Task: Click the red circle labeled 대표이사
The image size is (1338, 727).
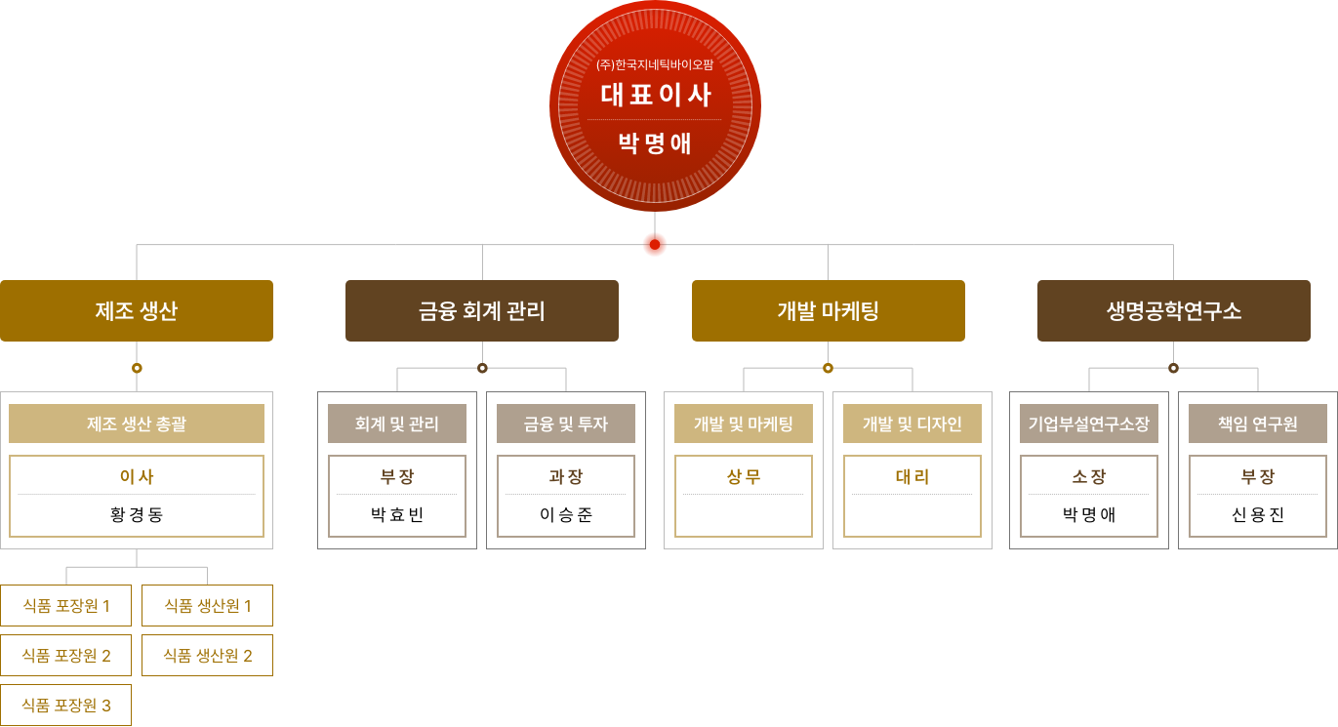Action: tap(655, 105)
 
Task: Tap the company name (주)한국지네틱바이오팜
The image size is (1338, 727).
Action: tap(655, 65)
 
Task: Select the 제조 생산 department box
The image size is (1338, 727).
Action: tap(137, 311)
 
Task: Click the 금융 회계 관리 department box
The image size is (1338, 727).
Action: tap(482, 311)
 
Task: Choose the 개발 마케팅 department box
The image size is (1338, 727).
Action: tap(828, 311)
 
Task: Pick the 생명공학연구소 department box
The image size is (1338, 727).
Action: tap(1173, 311)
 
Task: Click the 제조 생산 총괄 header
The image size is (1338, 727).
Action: tap(137, 424)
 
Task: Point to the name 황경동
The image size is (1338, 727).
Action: tap(137, 514)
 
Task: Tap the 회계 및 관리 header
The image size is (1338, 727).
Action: tap(397, 424)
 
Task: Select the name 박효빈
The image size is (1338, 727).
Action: tap(397, 514)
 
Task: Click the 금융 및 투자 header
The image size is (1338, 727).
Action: tap(566, 424)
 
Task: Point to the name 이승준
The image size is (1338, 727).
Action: tap(566, 514)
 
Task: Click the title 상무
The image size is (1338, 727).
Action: tap(744, 477)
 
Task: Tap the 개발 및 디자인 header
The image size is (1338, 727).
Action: tap(912, 424)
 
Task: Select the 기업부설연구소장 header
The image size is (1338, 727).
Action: tap(1089, 424)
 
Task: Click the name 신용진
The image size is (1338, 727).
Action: tap(1258, 514)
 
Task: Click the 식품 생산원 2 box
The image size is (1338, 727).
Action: tap(207, 656)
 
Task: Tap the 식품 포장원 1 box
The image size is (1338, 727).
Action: tap(66, 606)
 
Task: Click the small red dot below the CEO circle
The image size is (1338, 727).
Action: tap(655, 245)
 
